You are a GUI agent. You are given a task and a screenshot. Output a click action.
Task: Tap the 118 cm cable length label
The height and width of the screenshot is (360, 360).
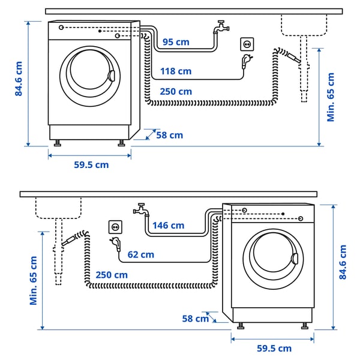pyautogui.click(x=176, y=71)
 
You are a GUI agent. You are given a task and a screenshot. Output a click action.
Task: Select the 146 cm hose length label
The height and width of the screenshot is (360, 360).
pyautogui.click(x=168, y=226)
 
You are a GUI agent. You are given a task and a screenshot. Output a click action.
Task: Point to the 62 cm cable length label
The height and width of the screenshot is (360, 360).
pyautogui.click(x=140, y=254)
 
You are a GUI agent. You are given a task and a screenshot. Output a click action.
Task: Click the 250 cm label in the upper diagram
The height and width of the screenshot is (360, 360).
pyautogui.click(x=176, y=92)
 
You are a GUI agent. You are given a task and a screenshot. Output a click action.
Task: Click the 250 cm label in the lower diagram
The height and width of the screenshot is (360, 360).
pyautogui.click(x=112, y=275)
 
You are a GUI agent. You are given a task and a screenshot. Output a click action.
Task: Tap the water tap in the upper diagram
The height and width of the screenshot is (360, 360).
pyautogui.click(x=221, y=28)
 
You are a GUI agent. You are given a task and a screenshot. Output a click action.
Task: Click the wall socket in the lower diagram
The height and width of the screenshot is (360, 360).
pyautogui.click(x=115, y=227)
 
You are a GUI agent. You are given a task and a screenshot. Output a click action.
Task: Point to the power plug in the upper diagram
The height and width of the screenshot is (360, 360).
pyautogui.click(x=246, y=61)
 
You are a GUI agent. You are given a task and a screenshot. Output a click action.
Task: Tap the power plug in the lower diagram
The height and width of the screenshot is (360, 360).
pyautogui.click(x=114, y=244)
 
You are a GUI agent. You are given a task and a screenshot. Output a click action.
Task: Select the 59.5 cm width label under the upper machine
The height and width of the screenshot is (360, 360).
pyautogui.click(x=91, y=165)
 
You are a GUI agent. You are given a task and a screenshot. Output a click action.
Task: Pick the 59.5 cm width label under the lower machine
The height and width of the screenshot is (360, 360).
pyautogui.click(x=274, y=348)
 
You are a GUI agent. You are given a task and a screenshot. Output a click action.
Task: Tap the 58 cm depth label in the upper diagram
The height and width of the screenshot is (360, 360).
pyautogui.click(x=169, y=136)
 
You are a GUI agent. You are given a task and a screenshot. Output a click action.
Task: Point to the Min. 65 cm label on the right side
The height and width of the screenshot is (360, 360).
pyautogui.click(x=331, y=97)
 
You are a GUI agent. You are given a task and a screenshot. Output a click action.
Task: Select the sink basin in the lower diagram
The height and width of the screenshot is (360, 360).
pyautogui.click(x=59, y=208)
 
